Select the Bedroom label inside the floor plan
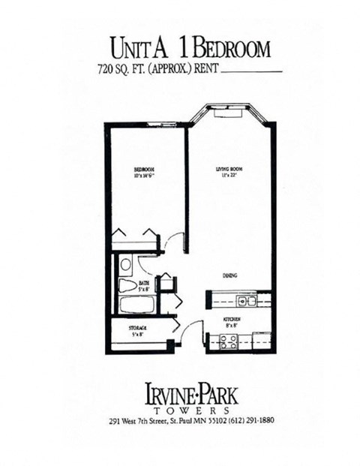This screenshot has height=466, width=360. click(x=143, y=170)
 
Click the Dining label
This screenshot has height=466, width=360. click(x=229, y=277)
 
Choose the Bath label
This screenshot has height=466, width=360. click(x=143, y=283)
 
